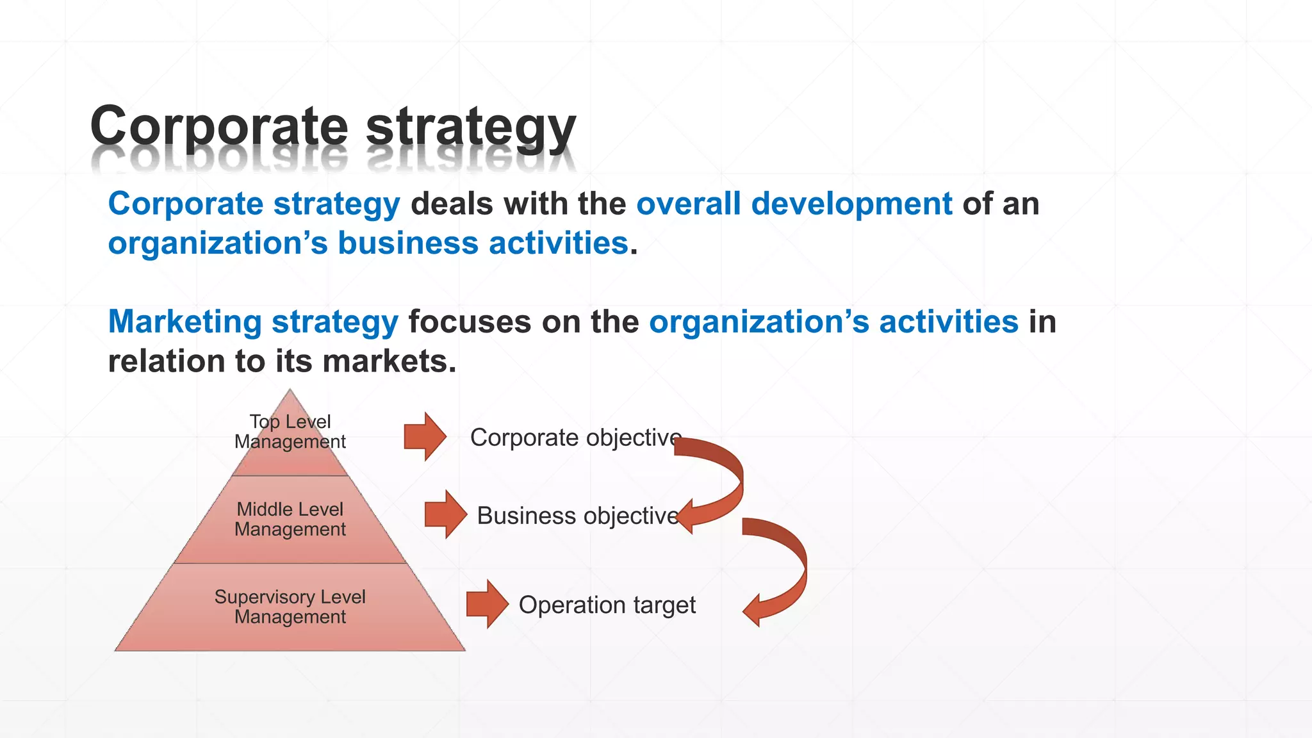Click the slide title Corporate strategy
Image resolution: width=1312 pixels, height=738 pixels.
click(x=333, y=126)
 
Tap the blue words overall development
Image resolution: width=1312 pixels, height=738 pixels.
click(x=794, y=204)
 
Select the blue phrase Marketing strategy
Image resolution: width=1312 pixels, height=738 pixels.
click(x=253, y=322)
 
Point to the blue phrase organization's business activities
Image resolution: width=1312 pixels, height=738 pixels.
click(x=368, y=244)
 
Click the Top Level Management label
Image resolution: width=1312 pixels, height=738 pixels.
click(x=290, y=431)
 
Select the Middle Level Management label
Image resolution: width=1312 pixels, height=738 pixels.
click(x=290, y=519)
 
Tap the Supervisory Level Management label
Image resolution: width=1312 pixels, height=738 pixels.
click(x=290, y=607)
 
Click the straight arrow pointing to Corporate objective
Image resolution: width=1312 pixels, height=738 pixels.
click(x=425, y=437)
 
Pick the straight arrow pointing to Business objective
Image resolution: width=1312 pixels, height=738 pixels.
click(x=446, y=514)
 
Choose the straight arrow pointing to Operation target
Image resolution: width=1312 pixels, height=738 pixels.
click(x=488, y=603)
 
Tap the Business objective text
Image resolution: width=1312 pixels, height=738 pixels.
click(x=578, y=516)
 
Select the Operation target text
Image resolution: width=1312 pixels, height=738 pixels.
click(x=607, y=605)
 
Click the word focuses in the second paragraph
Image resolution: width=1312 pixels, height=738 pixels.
click(x=470, y=322)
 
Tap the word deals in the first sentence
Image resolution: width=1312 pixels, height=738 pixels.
click(x=452, y=204)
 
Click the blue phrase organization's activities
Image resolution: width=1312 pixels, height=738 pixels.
click(x=833, y=322)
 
